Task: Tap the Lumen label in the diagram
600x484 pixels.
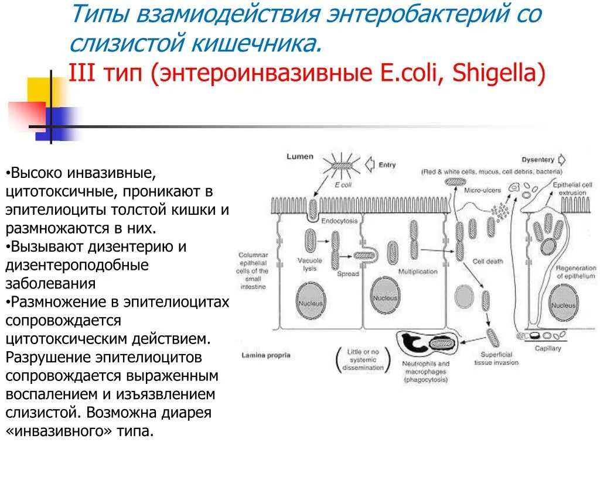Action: pos(300,157)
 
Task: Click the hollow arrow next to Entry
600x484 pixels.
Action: pos(370,164)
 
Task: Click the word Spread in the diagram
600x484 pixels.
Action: pos(347,274)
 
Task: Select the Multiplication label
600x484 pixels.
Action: pos(418,272)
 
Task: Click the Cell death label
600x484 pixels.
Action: pos(487,262)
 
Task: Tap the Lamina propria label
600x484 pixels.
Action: pos(265,355)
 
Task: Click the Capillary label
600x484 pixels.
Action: pos(548,348)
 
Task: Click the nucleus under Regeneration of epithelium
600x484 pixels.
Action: pos(564,305)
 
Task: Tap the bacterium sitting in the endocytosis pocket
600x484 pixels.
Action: pos(313,208)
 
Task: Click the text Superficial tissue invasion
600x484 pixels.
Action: pos(496,358)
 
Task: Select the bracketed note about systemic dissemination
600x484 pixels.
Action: pos(363,359)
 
